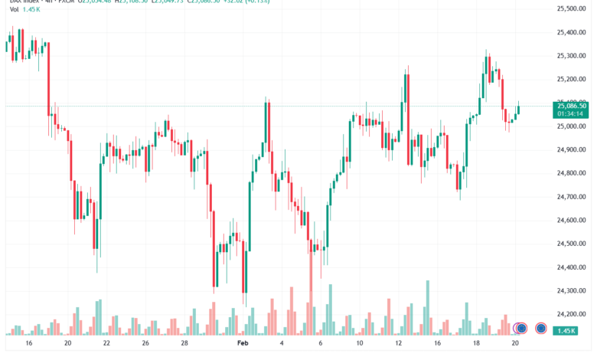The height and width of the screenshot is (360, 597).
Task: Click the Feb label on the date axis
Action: tap(243, 345)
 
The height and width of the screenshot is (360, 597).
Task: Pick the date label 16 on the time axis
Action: tap(29, 345)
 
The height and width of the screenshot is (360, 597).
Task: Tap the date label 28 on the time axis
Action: tap(184, 345)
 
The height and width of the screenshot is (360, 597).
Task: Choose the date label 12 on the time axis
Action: tap(399, 345)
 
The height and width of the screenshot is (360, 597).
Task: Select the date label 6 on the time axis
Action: tap(321, 345)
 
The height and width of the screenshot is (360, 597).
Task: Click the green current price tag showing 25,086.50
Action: tap(572, 110)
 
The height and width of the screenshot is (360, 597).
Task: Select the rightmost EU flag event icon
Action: tap(542, 329)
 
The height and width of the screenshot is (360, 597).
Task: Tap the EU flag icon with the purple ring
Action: tap(522, 329)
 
